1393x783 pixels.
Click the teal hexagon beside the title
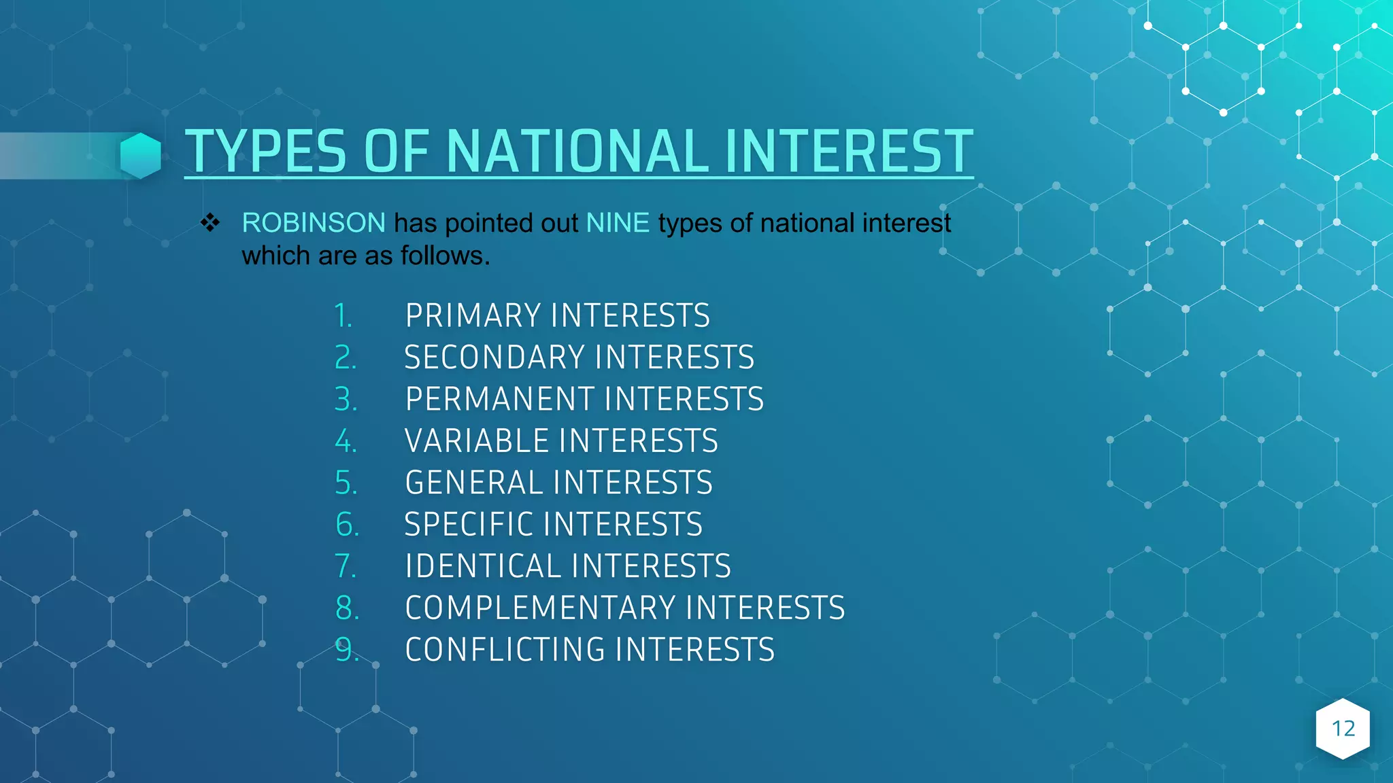tap(141, 156)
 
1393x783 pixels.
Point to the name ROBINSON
tap(314, 223)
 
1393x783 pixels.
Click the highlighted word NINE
tap(618, 223)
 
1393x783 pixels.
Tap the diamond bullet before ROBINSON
tap(210, 223)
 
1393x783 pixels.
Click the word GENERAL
tap(473, 483)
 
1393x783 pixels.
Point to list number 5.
tap(346, 483)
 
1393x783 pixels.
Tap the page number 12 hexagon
tap(1343, 729)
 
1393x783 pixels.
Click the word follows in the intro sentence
tap(445, 256)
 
